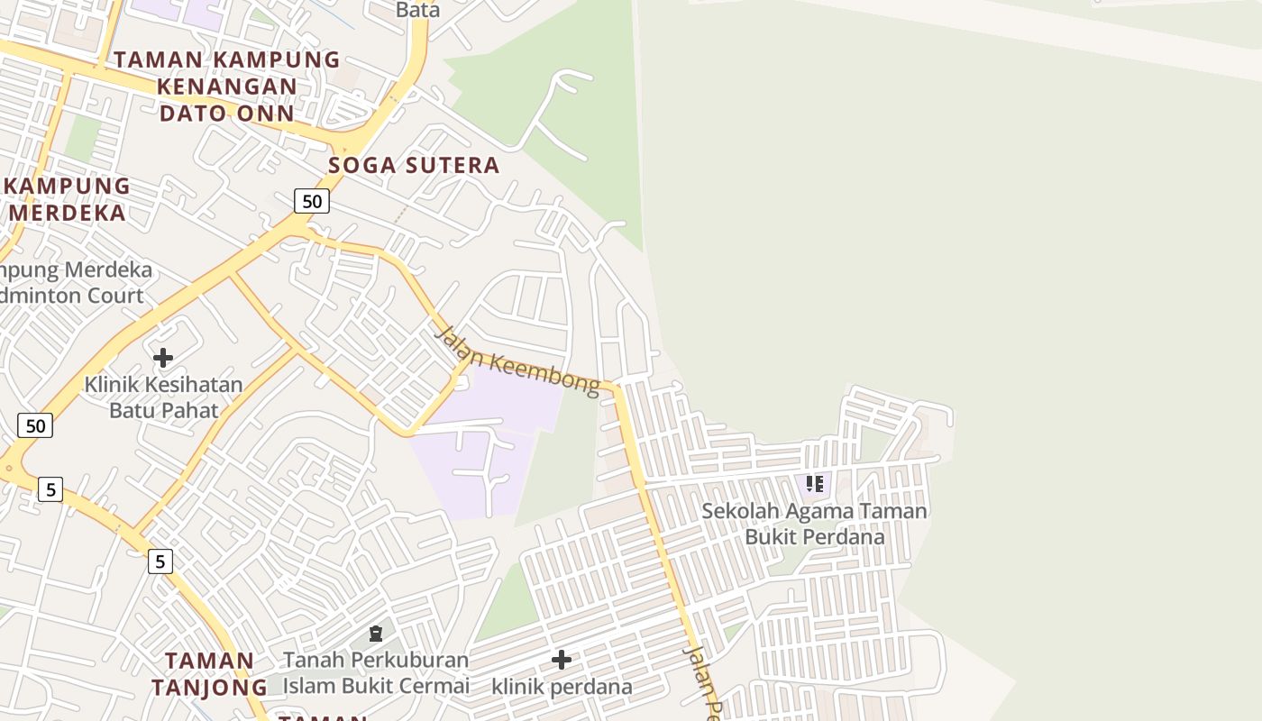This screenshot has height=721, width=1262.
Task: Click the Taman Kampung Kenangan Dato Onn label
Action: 226,87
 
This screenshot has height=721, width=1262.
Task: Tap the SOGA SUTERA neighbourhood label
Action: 414,165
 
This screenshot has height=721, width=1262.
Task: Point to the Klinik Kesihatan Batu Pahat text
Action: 163,397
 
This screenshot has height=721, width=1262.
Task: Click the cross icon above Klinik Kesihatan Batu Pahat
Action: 163,358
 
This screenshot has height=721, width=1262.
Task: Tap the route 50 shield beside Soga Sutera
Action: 312,201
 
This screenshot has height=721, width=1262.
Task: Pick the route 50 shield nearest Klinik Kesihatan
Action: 35,425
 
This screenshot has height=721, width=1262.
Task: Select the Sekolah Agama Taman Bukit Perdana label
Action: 814,524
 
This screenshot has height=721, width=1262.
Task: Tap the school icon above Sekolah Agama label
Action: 815,484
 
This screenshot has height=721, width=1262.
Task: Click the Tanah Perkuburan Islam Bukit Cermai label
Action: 376,672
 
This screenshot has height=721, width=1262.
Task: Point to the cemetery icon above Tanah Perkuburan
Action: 376,634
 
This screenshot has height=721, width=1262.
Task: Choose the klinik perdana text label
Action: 562,687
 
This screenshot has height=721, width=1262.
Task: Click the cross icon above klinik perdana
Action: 562,660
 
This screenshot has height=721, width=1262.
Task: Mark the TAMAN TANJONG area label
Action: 210,673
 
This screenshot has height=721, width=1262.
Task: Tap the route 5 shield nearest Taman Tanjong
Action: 160,561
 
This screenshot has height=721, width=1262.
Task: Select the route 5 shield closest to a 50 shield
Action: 50,489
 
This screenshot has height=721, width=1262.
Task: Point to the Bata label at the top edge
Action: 418,10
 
